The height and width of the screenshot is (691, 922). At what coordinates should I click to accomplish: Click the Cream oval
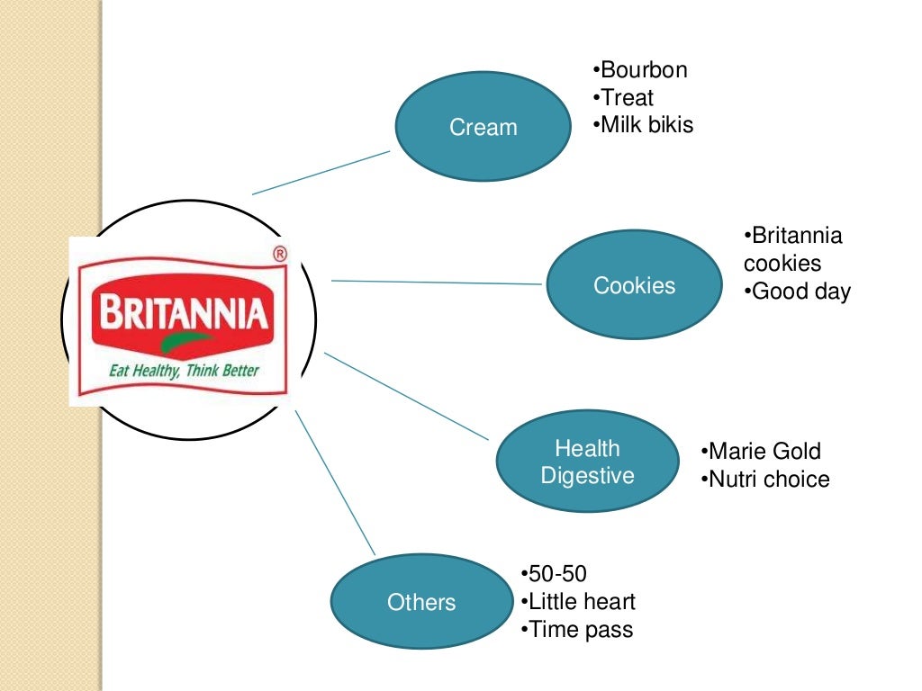(x=484, y=126)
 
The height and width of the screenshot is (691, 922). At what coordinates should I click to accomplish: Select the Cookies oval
(x=634, y=285)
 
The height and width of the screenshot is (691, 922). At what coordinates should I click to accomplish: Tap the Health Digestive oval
(x=587, y=462)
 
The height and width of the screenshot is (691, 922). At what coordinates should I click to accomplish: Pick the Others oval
(x=421, y=602)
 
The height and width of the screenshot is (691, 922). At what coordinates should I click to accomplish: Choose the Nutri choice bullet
(x=767, y=479)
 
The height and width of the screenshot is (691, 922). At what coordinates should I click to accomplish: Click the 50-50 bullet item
(x=556, y=574)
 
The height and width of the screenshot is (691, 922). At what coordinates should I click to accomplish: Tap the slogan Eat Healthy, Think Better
(x=183, y=370)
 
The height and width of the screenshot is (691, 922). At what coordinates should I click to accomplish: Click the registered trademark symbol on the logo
(x=279, y=255)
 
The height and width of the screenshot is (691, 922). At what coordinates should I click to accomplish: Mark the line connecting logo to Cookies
(x=437, y=283)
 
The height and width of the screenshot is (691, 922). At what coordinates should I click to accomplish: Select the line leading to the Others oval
(x=334, y=481)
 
